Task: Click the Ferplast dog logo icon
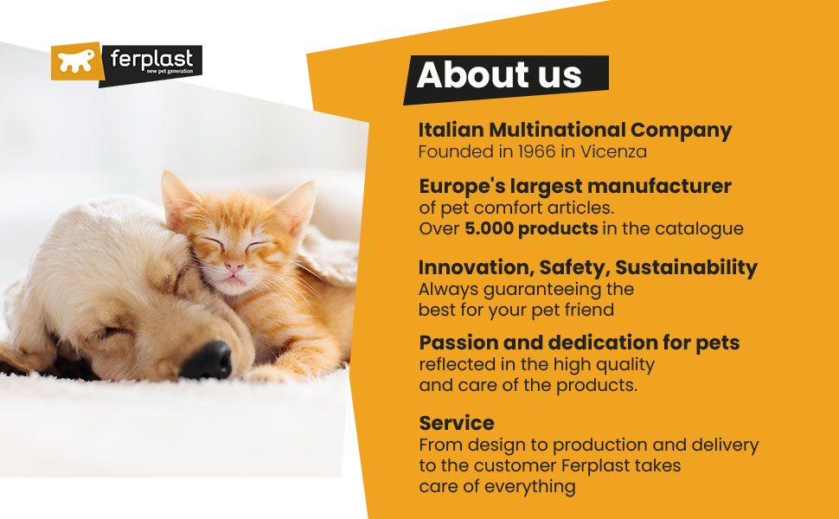77,61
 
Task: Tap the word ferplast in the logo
151,59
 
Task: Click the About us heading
499,75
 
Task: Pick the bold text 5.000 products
531,229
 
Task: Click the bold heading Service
457,423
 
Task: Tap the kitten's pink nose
234,269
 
